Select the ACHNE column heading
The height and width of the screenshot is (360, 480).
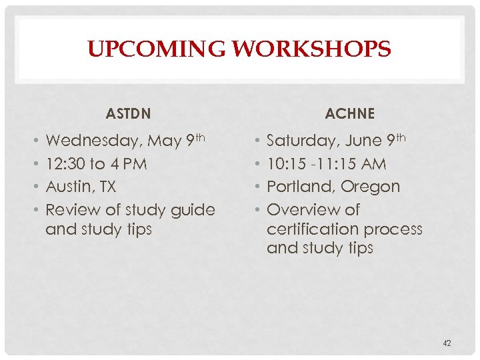pos(350,114)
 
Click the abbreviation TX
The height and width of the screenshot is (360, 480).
pos(107,187)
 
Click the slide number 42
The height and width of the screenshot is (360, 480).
pos(447,343)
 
